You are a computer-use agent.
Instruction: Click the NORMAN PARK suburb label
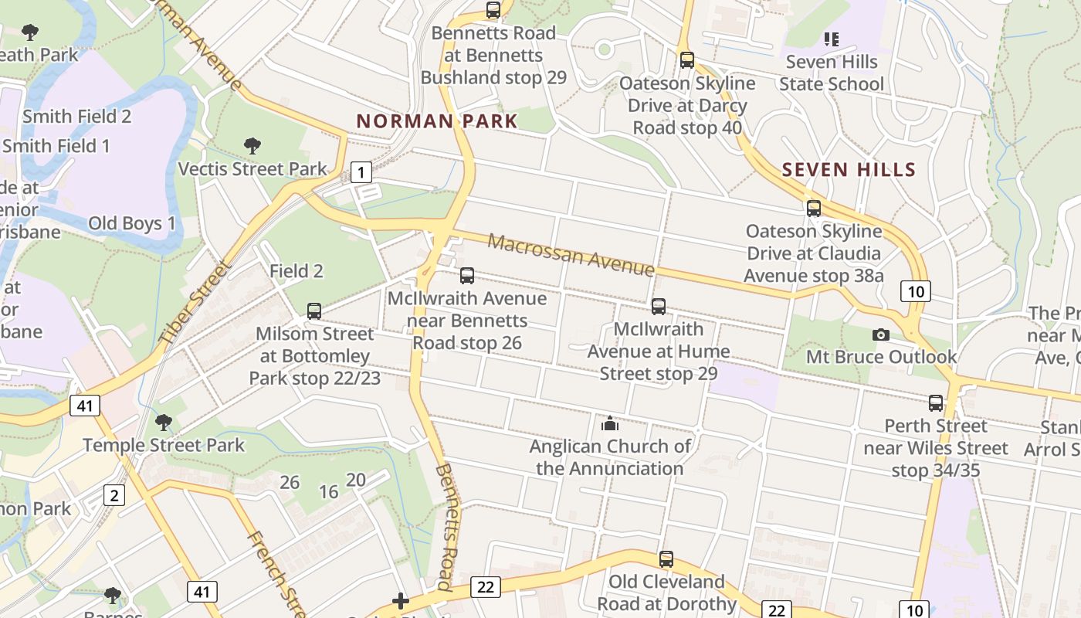tap(436, 121)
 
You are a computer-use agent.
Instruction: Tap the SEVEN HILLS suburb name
tap(849, 170)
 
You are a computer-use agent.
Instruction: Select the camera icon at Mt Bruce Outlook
tap(880, 334)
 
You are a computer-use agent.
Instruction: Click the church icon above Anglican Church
tap(610, 423)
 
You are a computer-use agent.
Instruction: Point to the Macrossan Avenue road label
tap(571, 254)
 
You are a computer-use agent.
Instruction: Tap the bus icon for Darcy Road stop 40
tap(687, 59)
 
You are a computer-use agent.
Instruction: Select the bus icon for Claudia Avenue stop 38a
tap(813, 208)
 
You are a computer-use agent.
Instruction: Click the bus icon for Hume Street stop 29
tap(658, 306)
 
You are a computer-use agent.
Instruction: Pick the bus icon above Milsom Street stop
tap(313, 311)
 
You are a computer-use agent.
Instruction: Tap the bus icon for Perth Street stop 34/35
tap(935, 402)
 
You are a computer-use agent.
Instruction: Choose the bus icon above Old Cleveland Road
tap(666, 559)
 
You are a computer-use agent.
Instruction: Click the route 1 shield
tap(361, 171)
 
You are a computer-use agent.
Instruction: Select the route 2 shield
tap(114, 494)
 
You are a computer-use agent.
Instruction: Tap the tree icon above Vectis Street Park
tap(252, 145)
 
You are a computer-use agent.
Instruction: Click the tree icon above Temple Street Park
tap(163, 422)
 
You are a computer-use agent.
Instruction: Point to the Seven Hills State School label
tap(831, 73)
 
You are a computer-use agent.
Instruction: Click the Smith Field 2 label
tap(76, 117)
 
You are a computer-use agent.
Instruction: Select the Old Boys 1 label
tap(131, 223)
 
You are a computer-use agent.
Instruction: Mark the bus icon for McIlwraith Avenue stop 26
tap(466, 275)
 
